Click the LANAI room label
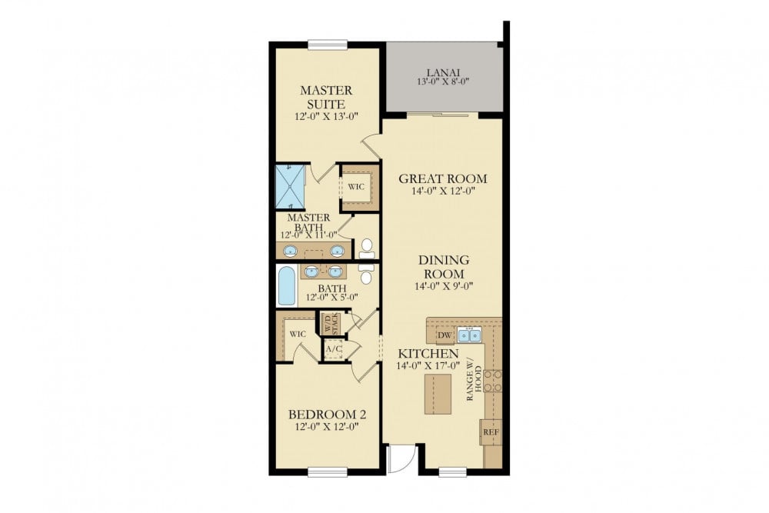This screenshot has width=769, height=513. pos(443,72)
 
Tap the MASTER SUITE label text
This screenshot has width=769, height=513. pos(326,97)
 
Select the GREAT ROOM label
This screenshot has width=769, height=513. pos(443,178)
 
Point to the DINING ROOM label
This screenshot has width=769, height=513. pos(444,267)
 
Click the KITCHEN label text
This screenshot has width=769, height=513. pos(428,354)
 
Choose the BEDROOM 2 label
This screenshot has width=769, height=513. pos(327,415)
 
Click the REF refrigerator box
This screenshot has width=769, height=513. pos(491,432)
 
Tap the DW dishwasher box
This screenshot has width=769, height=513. pos(444,335)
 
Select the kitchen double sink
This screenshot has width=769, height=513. pos(469,335)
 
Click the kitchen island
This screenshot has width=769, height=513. pos(438,395)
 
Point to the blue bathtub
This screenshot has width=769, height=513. pos(288,285)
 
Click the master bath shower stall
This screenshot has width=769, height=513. pos(291,186)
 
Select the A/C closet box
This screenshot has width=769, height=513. pos(334,349)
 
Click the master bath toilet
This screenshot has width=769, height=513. pos(366,248)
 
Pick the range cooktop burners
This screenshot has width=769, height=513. pos(493,381)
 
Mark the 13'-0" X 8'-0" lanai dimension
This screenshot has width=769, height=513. pos(443,82)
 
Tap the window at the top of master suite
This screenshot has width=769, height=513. pos(328,45)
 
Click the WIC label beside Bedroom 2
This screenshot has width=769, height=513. pos(298,334)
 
